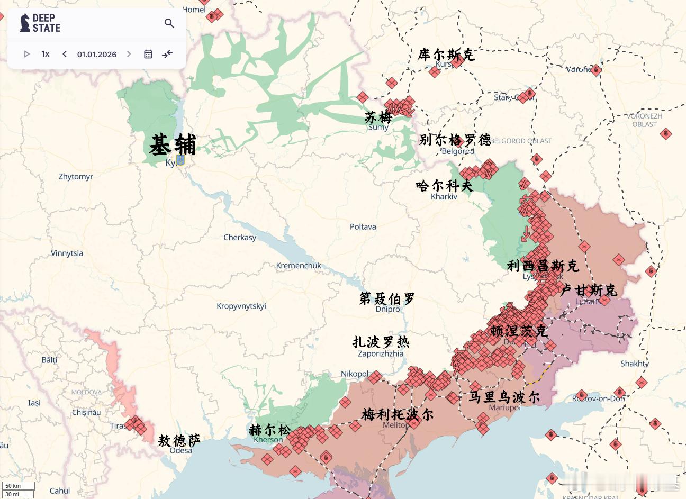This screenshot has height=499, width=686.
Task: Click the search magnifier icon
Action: pyautogui.click(x=169, y=23)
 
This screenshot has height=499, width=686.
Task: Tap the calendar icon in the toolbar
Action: pyautogui.click(x=148, y=54)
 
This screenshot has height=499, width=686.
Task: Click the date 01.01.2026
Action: pyautogui.click(x=97, y=54)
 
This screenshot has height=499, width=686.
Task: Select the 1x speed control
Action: pyautogui.click(x=46, y=54)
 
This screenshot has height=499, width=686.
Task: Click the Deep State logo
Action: pyautogui.click(x=40, y=23)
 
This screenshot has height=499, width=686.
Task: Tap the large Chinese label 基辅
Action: pyautogui.click(x=173, y=145)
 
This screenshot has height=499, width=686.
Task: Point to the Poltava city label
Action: pyautogui.click(x=363, y=226)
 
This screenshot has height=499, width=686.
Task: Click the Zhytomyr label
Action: pyautogui.click(x=76, y=177)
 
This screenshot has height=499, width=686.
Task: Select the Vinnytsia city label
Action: pyautogui.click(x=67, y=253)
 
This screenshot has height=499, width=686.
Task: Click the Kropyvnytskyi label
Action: pyautogui.click(x=241, y=306)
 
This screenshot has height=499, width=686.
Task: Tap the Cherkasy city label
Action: pyautogui.click(x=240, y=237)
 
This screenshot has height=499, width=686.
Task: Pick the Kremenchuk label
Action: pyautogui.click(x=299, y=266)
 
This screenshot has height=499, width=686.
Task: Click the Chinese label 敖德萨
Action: pyautogui.click(x=179, y=440)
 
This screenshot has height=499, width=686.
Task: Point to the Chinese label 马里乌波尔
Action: pyautogui.click(x=504, y=396)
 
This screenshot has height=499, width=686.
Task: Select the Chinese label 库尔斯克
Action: pyautogui.click(x=446, y=55)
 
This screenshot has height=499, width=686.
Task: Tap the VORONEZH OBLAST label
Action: pyautogui.click(x=644, y=120)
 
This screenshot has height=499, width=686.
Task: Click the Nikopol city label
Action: pyautogui.click(x=354, y=374)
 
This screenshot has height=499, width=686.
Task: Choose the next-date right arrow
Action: pyautogui.click(x=129, y=54)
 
